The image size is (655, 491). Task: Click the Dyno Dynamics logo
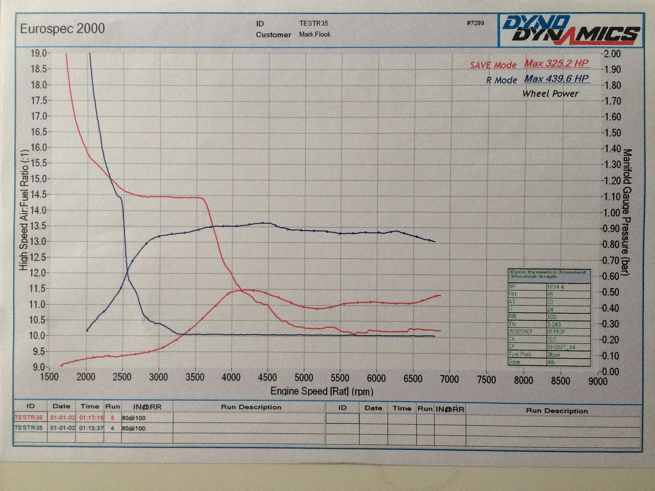point(571,30)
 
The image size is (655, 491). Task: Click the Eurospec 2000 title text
point(62,29)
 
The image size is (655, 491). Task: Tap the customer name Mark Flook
point(315,34)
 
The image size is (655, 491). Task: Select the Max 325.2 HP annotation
point(556,64)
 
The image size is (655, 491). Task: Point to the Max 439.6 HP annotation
point(556,79)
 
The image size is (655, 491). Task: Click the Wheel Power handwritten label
point(550,94)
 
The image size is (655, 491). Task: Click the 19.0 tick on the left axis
point(38,53)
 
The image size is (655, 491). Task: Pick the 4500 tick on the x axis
point(267,378)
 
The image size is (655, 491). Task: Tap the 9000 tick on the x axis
point(598,381)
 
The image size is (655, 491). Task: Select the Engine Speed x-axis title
point(322,391)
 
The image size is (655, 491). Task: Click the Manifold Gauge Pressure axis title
point(627,212)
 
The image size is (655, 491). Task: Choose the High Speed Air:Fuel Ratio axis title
point(24,210)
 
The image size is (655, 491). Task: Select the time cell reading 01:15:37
point(91,428)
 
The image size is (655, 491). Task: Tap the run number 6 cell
point(112,417)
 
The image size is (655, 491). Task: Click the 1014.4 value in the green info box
point(555,287)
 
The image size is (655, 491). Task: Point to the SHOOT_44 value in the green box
point(561,347)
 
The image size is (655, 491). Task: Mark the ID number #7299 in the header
point(475,23)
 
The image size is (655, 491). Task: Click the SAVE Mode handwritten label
point(493,65)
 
